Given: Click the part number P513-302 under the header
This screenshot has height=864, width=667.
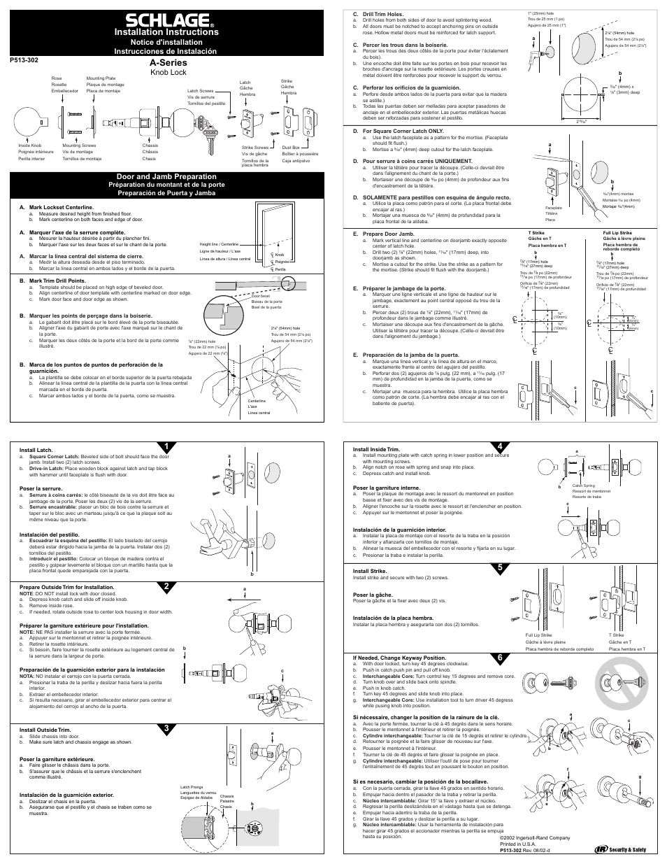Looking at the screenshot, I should (x=27, y=60).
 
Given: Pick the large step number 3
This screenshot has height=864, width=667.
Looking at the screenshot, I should (x=163, y=728).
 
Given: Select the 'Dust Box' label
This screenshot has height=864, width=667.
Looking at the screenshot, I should (x=289, y=147).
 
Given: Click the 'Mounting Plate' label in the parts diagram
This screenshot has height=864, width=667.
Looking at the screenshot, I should (x=101, y=78).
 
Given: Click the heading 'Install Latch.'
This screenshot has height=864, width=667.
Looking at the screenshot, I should (x=36, y=450).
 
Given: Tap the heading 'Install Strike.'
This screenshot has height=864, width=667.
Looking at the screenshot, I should (x=370, y=571).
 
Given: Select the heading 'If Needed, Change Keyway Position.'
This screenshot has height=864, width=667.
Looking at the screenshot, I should (x=399, y=658).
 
